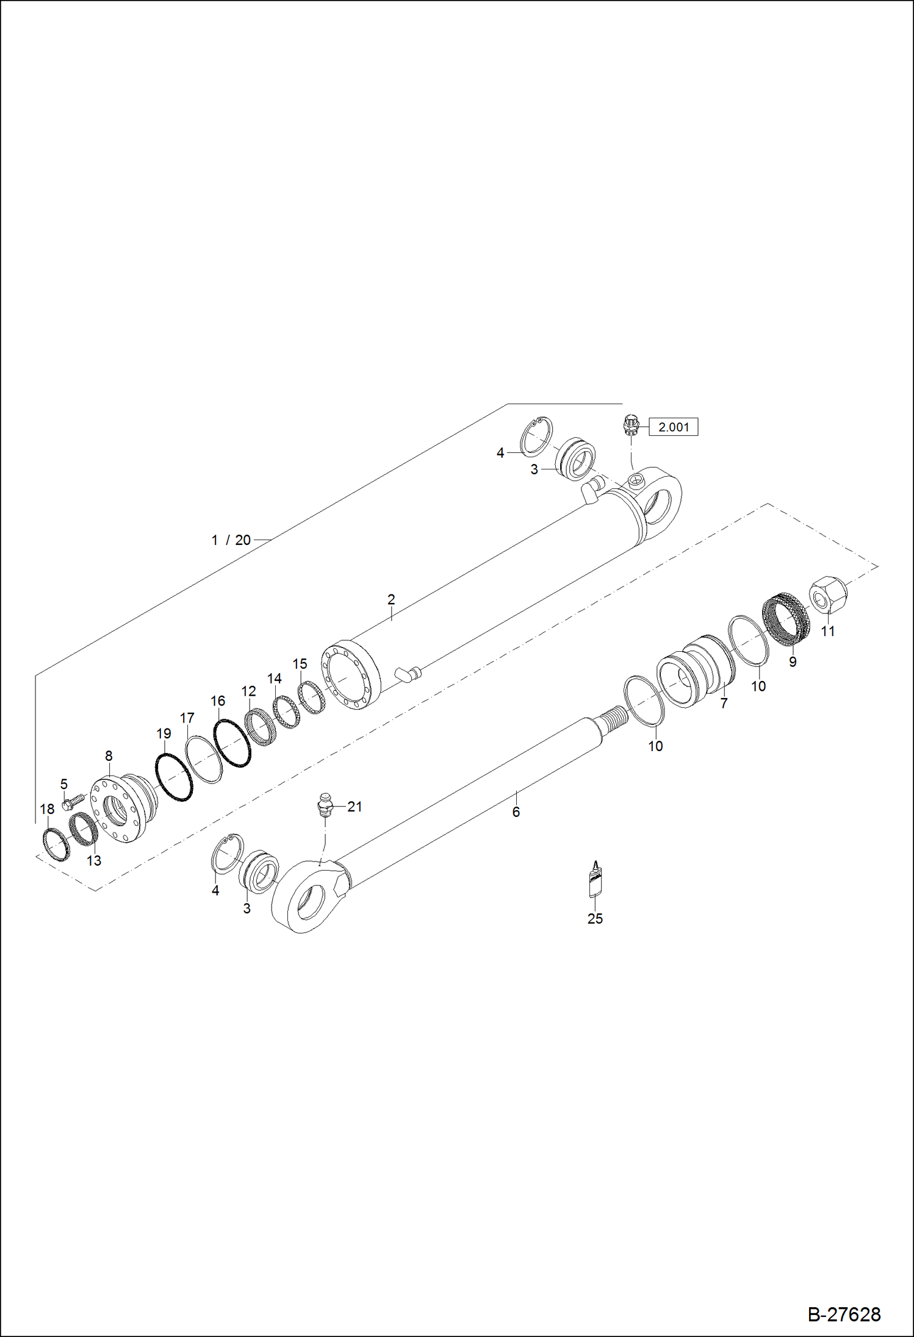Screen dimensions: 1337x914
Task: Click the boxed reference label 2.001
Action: (x=674, y=427)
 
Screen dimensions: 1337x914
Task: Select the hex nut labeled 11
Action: (x=829, y=596)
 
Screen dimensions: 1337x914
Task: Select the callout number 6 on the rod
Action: (x=516, y=812)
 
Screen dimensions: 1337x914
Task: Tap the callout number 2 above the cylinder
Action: (x=391, y=599)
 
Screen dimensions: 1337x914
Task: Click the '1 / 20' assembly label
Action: (x=231, y=540)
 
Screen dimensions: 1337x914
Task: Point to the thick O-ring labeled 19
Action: (x=175, y=777)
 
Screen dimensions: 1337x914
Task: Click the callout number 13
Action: (x=94, y=861)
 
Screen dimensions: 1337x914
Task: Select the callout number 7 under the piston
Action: (x=724, y=703)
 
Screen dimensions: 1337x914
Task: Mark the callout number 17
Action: (x=187, y=718)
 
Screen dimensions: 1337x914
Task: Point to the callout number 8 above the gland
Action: (x=109, y=756)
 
